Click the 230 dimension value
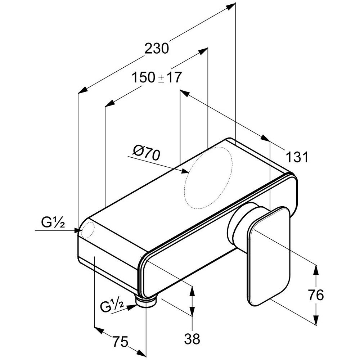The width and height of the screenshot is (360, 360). [x=156, y=48]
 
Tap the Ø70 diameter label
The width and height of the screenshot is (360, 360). [x=145, y=154]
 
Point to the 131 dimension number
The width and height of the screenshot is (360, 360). [x=297, y=157]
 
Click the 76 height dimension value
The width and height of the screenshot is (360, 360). [x=316, y=295]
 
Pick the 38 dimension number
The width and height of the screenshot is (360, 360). [x=192, y=338]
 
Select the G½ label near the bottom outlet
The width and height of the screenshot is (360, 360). [x=112, y=306]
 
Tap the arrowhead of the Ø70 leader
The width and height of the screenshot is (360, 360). [x=185, y=172]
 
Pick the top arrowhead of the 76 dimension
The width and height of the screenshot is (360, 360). [x=316, y=268]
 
